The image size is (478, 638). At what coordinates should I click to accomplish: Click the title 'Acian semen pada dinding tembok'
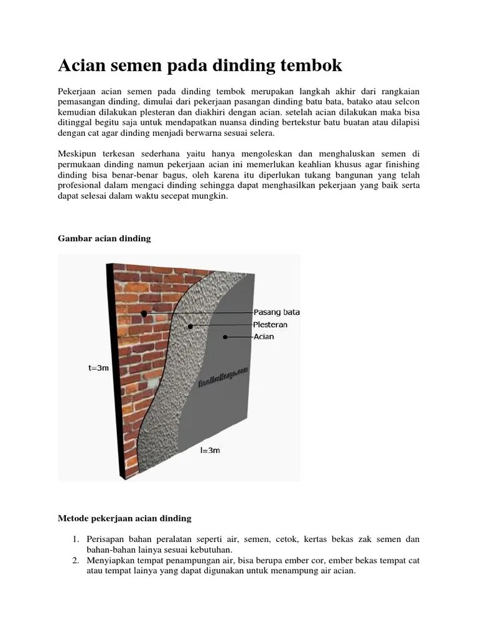click(x=200, y=65)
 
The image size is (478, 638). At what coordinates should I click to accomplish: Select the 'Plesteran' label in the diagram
click(x=271, y=325)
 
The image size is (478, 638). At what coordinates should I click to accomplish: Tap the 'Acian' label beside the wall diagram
click(x=264, y=337)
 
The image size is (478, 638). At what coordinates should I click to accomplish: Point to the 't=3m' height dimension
click(x=98, y=368)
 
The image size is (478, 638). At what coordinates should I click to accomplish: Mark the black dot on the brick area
click(x=144, y=313)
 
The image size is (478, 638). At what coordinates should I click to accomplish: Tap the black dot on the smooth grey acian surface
click(x=224, y=337)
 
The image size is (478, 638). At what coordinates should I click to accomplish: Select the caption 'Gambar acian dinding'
click(x=105, y=239)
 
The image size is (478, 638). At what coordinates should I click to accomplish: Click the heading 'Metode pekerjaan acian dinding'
click(x=124, y=518)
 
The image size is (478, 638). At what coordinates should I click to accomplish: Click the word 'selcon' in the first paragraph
click(x=406, y=103)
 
